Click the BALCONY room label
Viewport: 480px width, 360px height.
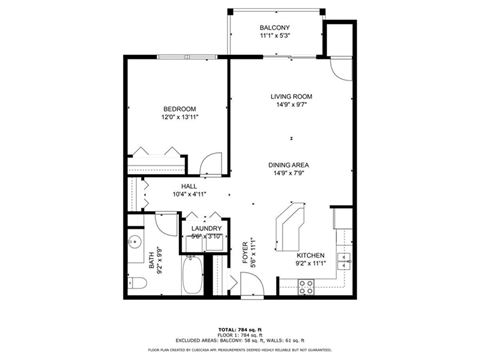point(275,27)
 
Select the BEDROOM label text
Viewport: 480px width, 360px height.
point(180,108)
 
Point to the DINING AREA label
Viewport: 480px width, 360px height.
point(290,165)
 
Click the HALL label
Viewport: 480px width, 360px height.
point(188,186)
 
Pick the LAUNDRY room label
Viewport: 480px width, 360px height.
point(206,229)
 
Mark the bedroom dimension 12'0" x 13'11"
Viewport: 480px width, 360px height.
point(180,117)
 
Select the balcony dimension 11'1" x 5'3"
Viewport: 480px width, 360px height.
point(275,36)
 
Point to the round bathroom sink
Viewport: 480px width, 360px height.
point(134,243)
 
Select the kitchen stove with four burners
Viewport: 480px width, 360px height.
point(308,284)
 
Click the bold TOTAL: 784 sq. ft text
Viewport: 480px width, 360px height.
point(240,327)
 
